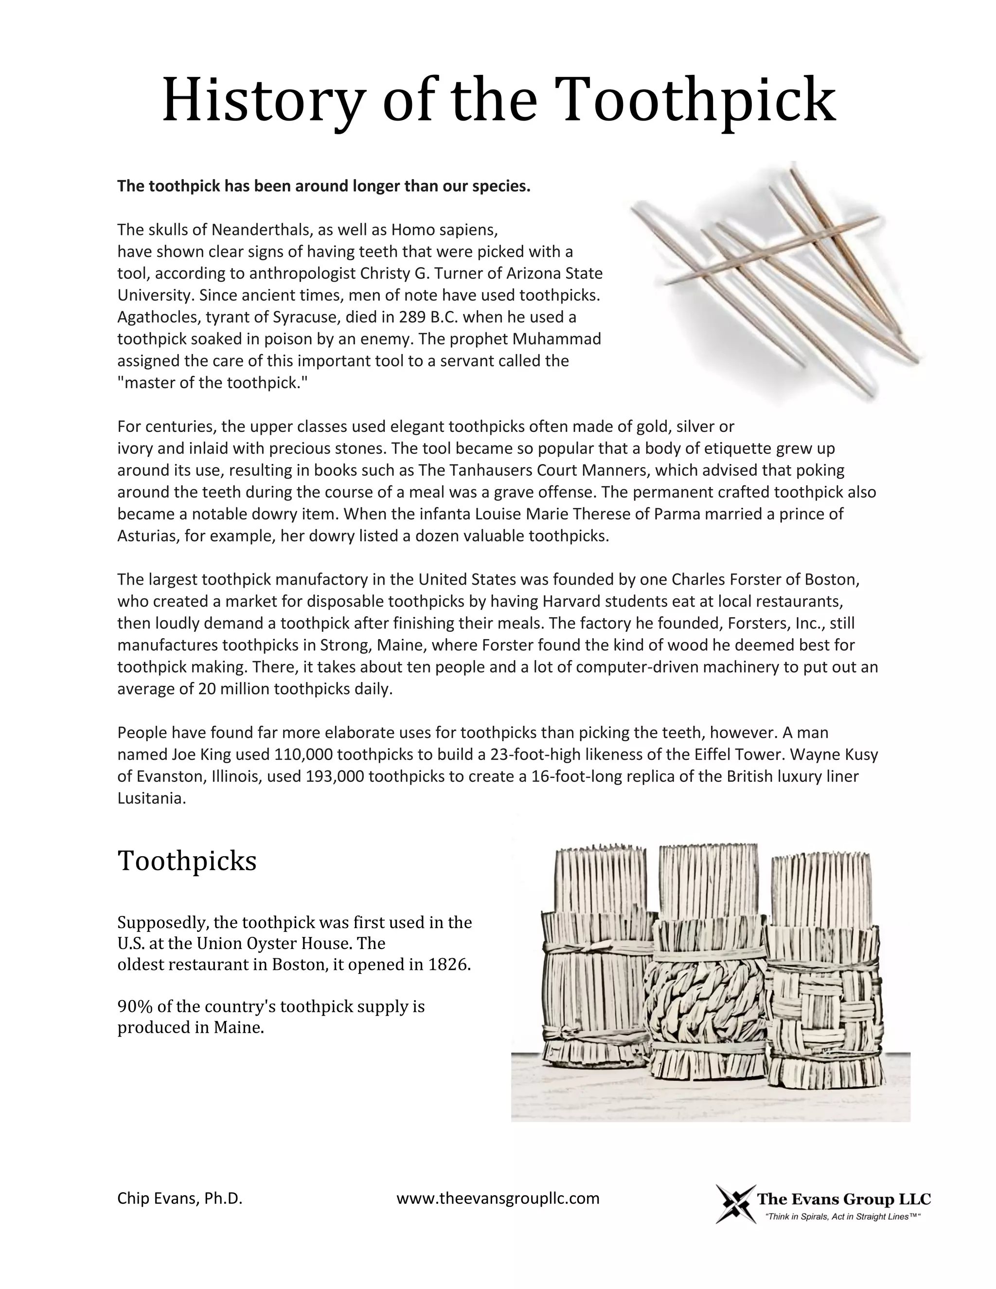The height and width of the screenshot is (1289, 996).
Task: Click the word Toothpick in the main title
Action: (x=694, y=99)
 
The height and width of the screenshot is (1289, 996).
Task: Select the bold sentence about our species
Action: (x=323, y=186)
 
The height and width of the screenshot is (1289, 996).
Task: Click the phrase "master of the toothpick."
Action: (x=213, y=382)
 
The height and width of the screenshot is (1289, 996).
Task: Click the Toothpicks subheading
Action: (x=187, y=861)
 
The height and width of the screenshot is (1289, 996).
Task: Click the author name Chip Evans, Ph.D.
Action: (x=180, y=1198)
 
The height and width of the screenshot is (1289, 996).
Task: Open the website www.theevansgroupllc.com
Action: (x=498, y=1198)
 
